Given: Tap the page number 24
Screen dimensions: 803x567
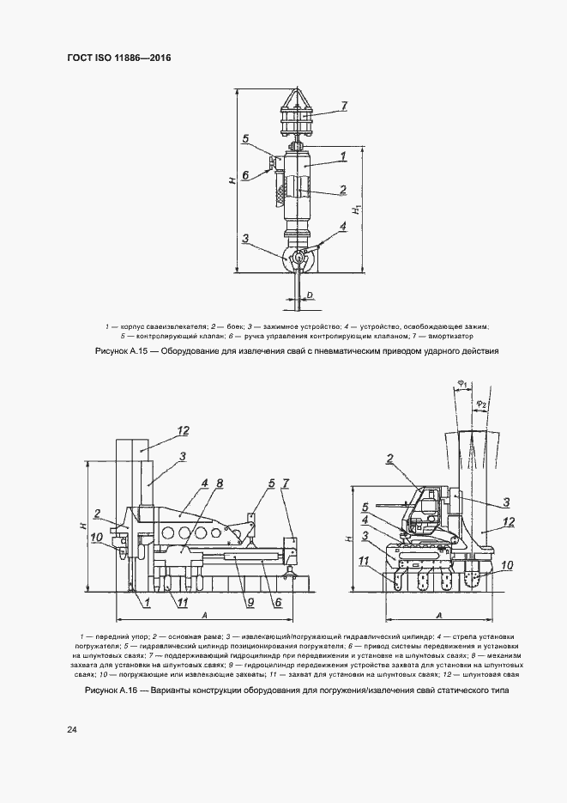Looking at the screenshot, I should click(72, 730).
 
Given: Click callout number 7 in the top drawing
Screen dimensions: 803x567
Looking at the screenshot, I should click(342, 106).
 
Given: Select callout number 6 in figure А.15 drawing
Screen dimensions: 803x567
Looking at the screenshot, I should click(244, 174).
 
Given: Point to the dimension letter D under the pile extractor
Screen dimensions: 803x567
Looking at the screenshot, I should click(310, 295).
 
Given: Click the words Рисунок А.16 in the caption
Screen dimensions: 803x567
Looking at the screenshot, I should click(118, 691).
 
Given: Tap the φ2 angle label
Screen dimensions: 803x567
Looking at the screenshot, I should click(482, 404).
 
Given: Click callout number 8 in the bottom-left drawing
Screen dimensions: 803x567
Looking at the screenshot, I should click(220, 484).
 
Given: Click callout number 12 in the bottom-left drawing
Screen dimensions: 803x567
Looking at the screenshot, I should click(183, 430).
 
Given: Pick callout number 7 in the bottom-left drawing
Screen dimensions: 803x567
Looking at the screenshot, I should click(286, 484).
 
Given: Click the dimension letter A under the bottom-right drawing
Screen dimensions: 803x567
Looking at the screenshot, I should click(438, 616).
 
